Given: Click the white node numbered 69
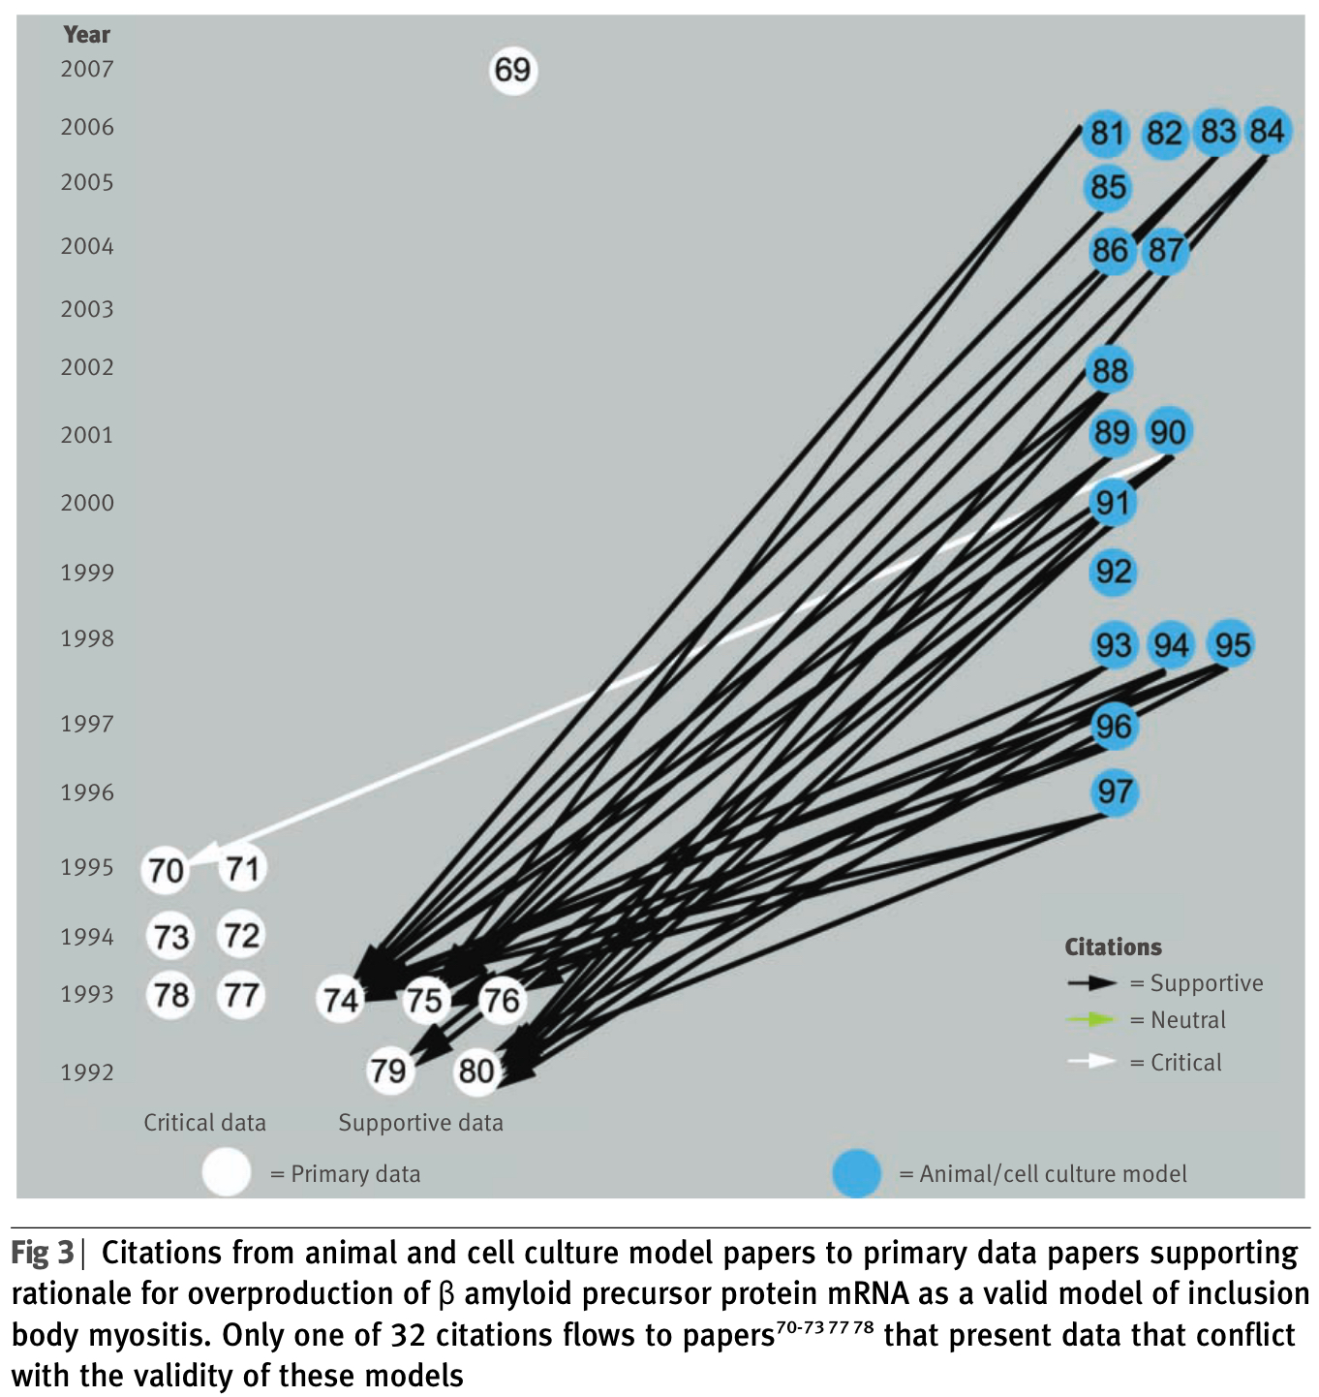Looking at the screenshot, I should click(512, 70).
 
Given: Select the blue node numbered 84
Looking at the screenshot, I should click(1267, 131).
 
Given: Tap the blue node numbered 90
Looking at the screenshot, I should click(1169, 432).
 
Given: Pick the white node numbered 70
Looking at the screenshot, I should click(166, 870).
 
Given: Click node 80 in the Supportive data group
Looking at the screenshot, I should click(476, 1071).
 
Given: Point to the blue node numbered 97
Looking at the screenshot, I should click(1115, 792).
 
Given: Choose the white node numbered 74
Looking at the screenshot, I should click(341, 999).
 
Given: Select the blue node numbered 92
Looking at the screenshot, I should click(1113, 572).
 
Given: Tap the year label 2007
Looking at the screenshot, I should click(87, 70).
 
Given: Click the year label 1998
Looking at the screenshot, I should click(87, 638).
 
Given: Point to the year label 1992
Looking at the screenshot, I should click(87, 1072).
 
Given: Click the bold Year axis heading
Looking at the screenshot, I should click(87, 35).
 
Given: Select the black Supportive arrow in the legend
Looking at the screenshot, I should click(1092, 983).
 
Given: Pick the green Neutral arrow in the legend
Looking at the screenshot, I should click(1092, 1020).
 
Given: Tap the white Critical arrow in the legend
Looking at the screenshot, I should click(1092, 1062).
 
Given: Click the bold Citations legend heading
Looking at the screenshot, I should click(1113, 947).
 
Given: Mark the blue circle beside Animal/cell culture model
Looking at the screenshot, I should click(857, 1173).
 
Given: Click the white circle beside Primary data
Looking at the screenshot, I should click(227, 1172).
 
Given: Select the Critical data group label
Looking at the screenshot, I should click(204, 1123).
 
